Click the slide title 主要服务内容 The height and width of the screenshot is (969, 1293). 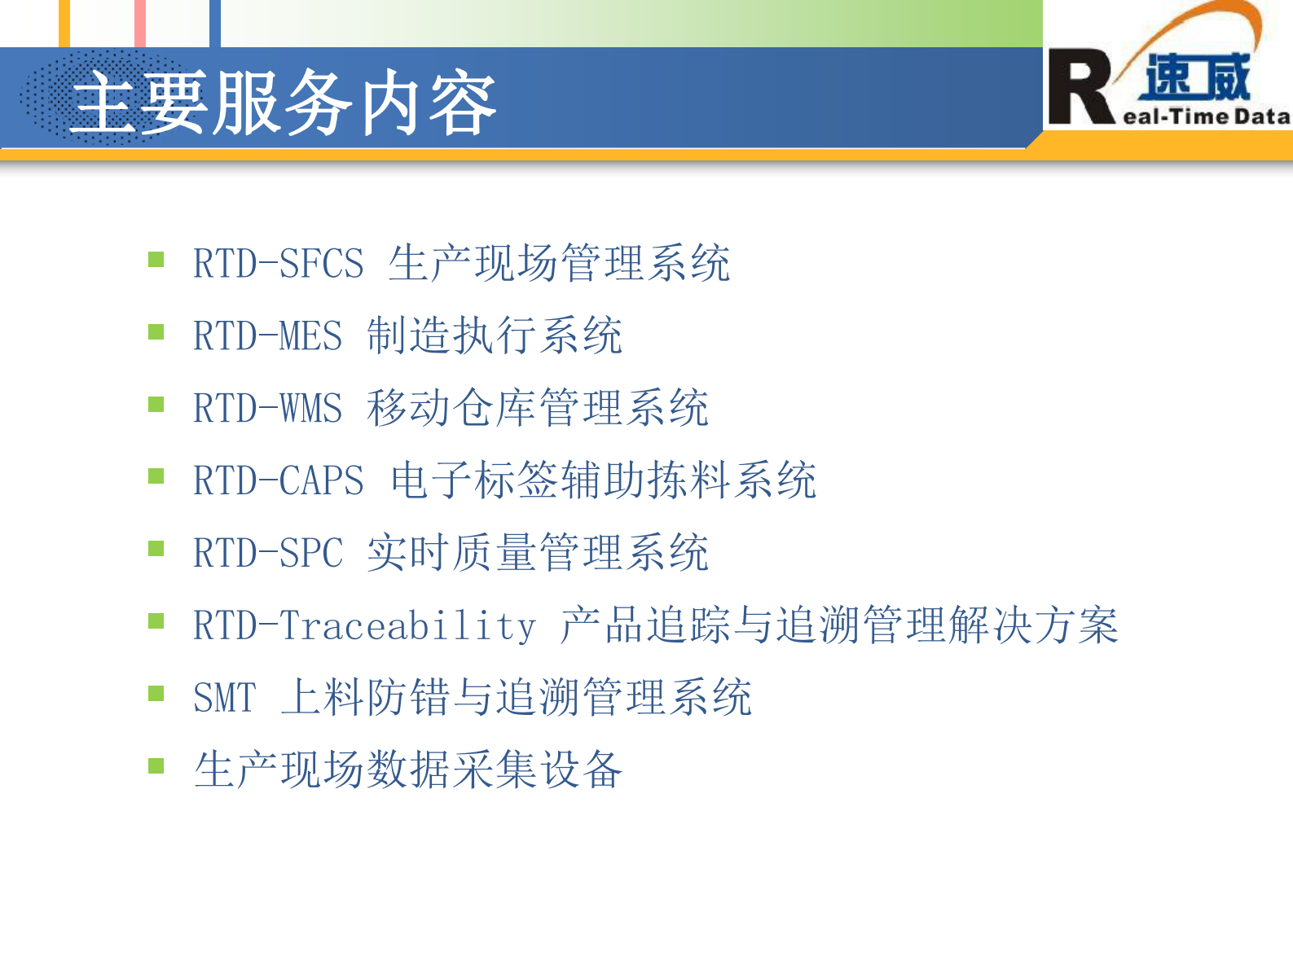point(284,103)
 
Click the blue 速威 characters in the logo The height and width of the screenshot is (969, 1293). point(1196,77)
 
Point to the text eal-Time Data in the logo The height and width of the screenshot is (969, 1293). point(1207,116)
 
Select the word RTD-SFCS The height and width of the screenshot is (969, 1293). point(278,264)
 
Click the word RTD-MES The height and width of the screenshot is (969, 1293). point(267,336)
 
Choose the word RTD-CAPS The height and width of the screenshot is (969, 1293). point(278,480)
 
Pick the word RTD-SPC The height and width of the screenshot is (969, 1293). point(267,553)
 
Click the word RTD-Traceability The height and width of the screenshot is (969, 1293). point(364,625)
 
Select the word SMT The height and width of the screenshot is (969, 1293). point(224,698)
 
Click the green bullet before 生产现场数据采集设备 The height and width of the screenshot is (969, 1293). point(156,765)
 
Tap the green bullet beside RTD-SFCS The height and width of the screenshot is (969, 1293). point(156,260)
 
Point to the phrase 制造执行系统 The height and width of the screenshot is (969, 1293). point(495,335)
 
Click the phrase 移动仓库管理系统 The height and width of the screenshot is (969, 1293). point(538,408)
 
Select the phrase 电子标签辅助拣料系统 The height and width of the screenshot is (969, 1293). point(603,480)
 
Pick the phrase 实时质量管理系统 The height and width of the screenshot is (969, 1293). point(538,552)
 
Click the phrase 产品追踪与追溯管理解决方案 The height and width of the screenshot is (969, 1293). point(839,625)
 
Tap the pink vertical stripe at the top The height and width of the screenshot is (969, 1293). point(140,23)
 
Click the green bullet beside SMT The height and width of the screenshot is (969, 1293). point(156,694)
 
